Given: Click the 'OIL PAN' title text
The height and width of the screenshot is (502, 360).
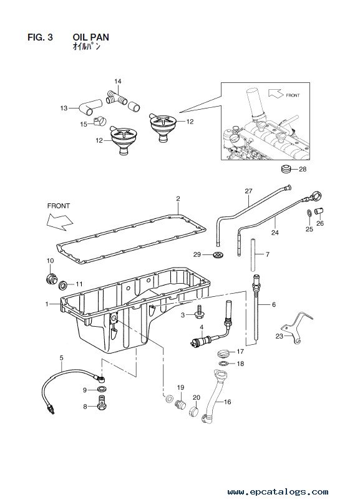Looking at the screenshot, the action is tap(90, 37).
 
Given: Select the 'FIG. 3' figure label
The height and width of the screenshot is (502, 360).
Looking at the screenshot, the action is tap(40, 37).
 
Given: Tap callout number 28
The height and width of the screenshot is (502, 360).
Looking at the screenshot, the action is tap(303, 169).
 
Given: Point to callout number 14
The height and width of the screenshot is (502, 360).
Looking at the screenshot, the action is tap(118, 81).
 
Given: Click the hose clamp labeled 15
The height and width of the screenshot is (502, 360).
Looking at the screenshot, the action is tap(99, 121).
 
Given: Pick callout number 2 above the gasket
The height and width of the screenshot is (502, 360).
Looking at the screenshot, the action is tap(178, 198).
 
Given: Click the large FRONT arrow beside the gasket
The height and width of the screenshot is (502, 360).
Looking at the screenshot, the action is tap(59, 221).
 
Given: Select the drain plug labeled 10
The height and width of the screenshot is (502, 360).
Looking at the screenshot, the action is tap(51, 278).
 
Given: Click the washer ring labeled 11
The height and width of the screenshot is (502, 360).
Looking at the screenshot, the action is tap(63, 284).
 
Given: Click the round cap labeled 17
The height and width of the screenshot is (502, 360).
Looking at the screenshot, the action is tap(222, 354).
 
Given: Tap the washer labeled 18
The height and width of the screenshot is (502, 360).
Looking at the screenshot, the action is tap(223, 364).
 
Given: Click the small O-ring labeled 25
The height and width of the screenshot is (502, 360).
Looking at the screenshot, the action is tap(308, 213).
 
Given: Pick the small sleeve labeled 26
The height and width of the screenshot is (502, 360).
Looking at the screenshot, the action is tap(319, 211).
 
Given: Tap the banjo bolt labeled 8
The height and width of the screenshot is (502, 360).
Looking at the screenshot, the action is tap(102, 402).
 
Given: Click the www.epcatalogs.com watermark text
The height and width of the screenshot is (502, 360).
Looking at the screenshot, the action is tap(278, 491).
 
